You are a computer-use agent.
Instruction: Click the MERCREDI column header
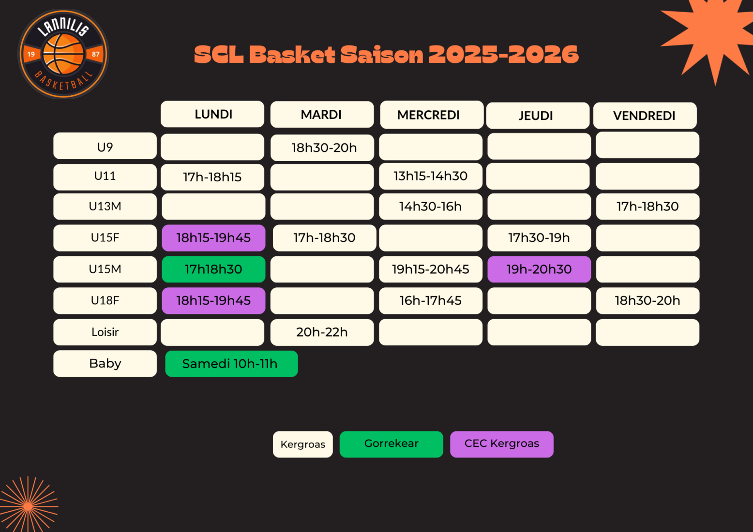click(x=432, y=115)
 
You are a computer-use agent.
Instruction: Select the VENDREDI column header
click(x=645, y=116)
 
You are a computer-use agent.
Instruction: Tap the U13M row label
click(x=105, y=206)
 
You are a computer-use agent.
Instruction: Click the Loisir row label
click(x=105, y=332)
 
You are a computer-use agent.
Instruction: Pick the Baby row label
click(x=105, y=363)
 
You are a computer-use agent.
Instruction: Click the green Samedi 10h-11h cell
click(x=231, y=364)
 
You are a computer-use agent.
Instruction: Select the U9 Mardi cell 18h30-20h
click(x=322, y=148)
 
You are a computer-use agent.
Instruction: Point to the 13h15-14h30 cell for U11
click(x=431, y=177)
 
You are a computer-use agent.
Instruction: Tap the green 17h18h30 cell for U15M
click(x=213, y=269)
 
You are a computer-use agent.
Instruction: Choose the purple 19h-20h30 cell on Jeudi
click(x=539, y=269)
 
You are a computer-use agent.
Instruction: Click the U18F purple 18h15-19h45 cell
click(x=213, y=301)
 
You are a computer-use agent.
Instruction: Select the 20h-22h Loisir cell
click(x=322, y=332)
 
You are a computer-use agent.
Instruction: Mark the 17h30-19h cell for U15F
click(x=539, y=238)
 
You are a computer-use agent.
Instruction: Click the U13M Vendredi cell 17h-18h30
click(x=648, y=206)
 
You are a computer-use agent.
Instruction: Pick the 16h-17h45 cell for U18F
click(x=431, y=301)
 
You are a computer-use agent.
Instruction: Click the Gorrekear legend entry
click(x=392, y=444)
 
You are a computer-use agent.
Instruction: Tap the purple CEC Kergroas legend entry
click(x=502, y=444)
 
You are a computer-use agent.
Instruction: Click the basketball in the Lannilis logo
click(x=63, y=54)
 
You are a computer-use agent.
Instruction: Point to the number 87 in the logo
click(x=95, y=54)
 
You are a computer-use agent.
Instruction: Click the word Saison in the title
click(x=381, y=54)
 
